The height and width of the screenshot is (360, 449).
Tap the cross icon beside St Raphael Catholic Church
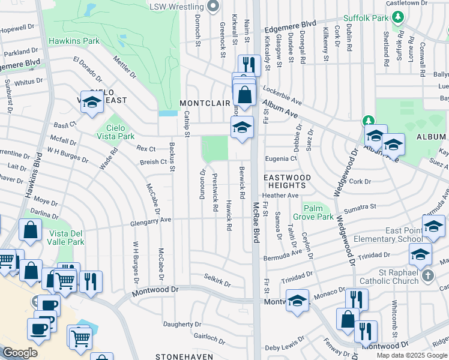click(427, 275)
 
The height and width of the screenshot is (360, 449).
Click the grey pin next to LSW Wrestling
click(212, 7)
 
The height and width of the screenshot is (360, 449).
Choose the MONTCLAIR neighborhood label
click(205, 103)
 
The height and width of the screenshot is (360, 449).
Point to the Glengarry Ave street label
click(151, 221)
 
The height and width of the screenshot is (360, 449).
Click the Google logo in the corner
click(20, 352)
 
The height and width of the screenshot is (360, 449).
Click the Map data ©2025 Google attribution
click(412, 355)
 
